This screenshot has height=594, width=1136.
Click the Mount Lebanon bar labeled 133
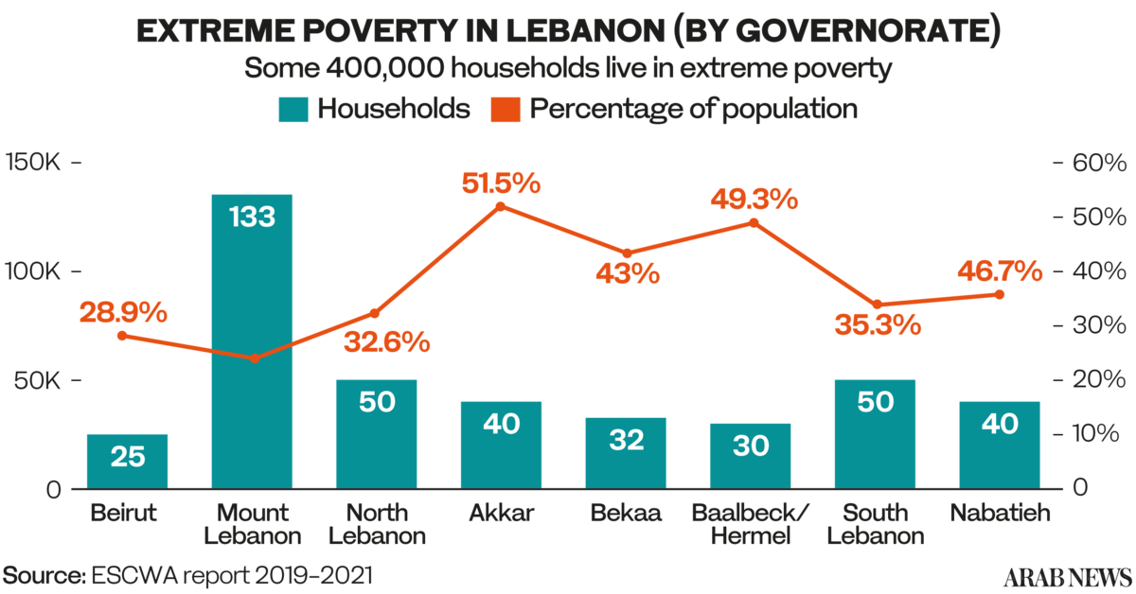[252, 341]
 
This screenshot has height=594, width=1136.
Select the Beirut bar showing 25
[127, 461]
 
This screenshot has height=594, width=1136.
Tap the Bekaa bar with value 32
[626, 452]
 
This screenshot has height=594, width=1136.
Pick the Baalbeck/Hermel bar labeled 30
[751, 455]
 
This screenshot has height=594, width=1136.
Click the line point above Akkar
[501, 205]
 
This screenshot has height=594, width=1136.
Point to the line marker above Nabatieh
[1000, 294]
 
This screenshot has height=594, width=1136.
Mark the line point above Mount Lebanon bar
[254, 358]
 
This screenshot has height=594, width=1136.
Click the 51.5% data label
[501, 183]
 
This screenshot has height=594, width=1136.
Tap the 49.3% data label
[754, 200]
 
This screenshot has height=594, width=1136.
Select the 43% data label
[627, 274]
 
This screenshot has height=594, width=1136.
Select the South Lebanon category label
[875, 525]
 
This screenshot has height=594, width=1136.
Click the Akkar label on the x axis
[501, 515]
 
